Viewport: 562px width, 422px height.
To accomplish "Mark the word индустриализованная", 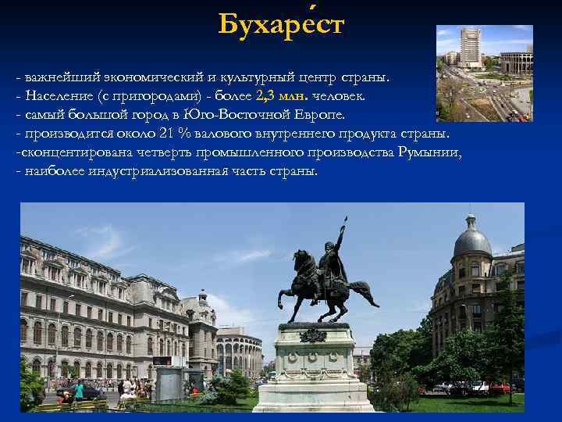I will [x=148, y=171].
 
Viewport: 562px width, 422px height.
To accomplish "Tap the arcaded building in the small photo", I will [x=516, y=63].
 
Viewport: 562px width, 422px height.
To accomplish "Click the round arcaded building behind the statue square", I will [x=239, y=352].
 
